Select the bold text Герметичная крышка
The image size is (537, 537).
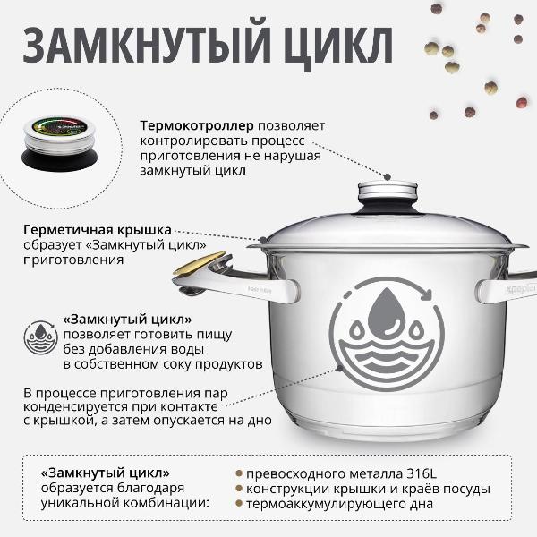coord(98,229)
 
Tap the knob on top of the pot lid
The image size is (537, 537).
coord(388,192)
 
